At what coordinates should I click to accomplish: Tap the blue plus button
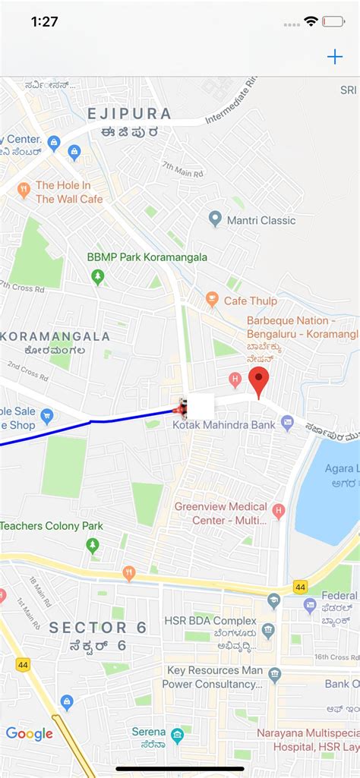(334, 57)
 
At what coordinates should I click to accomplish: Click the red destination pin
(259, 380)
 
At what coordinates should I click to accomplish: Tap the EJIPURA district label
(129, 114)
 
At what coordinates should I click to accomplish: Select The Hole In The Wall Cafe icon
(24, 190)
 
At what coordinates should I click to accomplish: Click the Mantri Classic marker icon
(215, 219)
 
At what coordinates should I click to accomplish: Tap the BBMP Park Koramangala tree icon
(97, 276)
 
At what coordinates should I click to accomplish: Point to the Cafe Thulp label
(251, 301)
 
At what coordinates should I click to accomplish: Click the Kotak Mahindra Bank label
(223, 425)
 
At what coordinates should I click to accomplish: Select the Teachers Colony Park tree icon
(93, 544)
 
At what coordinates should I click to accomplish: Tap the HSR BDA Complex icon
(267, 630)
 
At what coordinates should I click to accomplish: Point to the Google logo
(30, 733)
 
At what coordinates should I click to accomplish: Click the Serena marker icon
(177, 735)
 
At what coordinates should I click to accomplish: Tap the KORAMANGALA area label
(58, 336)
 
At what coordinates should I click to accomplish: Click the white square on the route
(201, 406)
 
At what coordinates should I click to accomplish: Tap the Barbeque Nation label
(302, 327)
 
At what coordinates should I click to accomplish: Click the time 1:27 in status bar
(45, 21)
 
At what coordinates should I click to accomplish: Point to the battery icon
(333, 21)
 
